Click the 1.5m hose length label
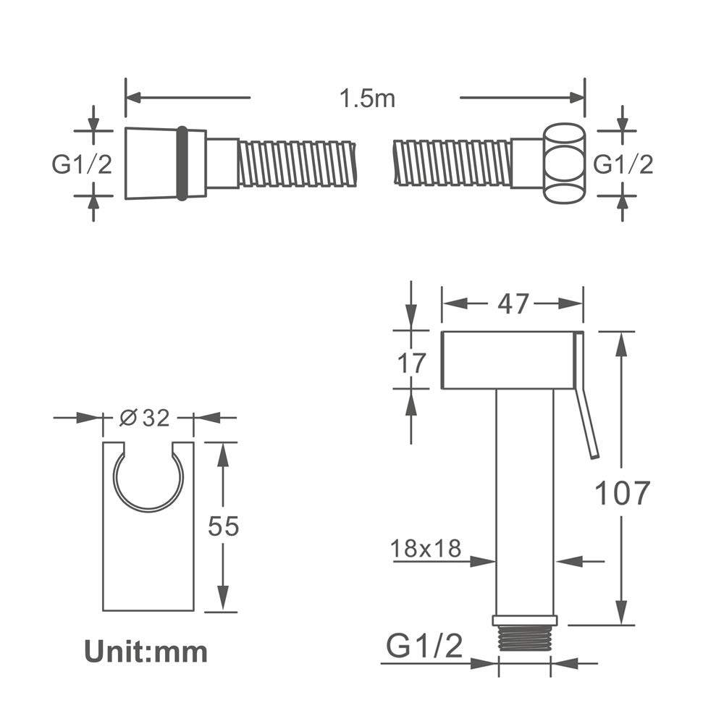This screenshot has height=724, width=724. pyautogui.click(x=367, y=98)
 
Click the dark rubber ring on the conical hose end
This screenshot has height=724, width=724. pyautogui.click(x=182, y=164)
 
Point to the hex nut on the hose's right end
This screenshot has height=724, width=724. pyautogui.click(x=565, y=164)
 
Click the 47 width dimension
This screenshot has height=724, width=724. pyautogui.click(x=513, y=304)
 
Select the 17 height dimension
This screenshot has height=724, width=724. pyautogui.click(x=411, y=363)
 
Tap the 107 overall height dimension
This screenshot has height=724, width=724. pyautogui.click(x=622, y=492)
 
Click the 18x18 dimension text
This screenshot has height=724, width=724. pyautogui.click(x=426, y=549)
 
